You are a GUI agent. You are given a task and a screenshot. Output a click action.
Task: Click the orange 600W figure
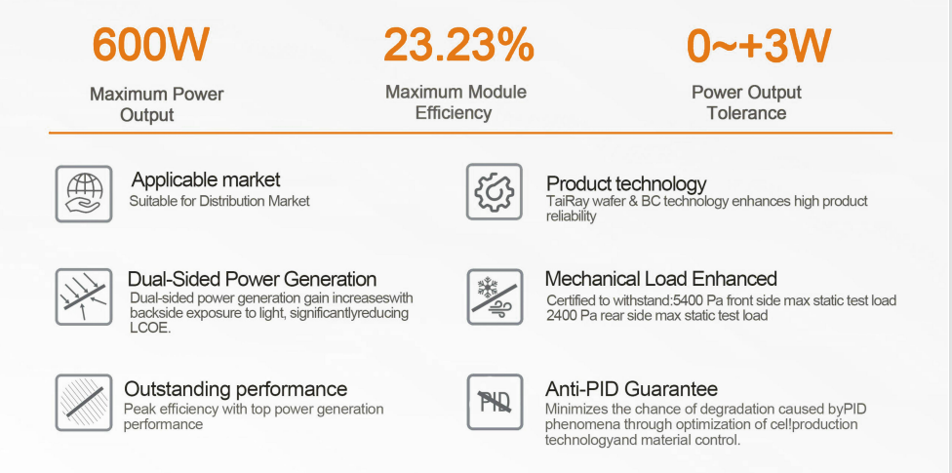tap(150, 44)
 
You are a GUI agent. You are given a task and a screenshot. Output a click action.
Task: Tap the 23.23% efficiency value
tap(458, 44)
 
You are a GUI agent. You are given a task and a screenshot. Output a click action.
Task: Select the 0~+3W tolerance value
tap(758, 46)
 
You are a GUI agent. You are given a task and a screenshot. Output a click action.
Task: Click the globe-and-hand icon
tap(84, 194)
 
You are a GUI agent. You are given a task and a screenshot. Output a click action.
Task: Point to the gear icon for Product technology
tap(495, 191)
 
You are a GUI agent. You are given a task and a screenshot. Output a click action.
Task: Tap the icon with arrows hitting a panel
tap(84, 296)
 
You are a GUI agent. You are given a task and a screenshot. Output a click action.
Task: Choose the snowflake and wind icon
tap(495, 296)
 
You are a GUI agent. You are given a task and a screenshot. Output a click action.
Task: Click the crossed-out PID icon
tap(495, 402)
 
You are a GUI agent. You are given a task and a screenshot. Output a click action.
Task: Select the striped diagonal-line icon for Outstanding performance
tap(84, 403)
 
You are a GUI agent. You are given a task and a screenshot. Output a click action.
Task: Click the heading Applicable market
tap(206, 179)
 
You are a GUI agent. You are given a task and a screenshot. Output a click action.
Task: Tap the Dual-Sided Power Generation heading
tap(252, 279)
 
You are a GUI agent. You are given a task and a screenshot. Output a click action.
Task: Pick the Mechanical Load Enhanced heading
tap(661, 279)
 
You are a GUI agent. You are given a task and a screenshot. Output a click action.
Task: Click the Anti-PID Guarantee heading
tap(631, 388)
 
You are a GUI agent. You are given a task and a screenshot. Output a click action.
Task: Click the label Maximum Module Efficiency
tap(456, 102)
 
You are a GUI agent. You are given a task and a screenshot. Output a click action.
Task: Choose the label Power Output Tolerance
tap(746, 102)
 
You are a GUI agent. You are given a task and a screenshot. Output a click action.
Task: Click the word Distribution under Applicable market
tap(232, 201)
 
